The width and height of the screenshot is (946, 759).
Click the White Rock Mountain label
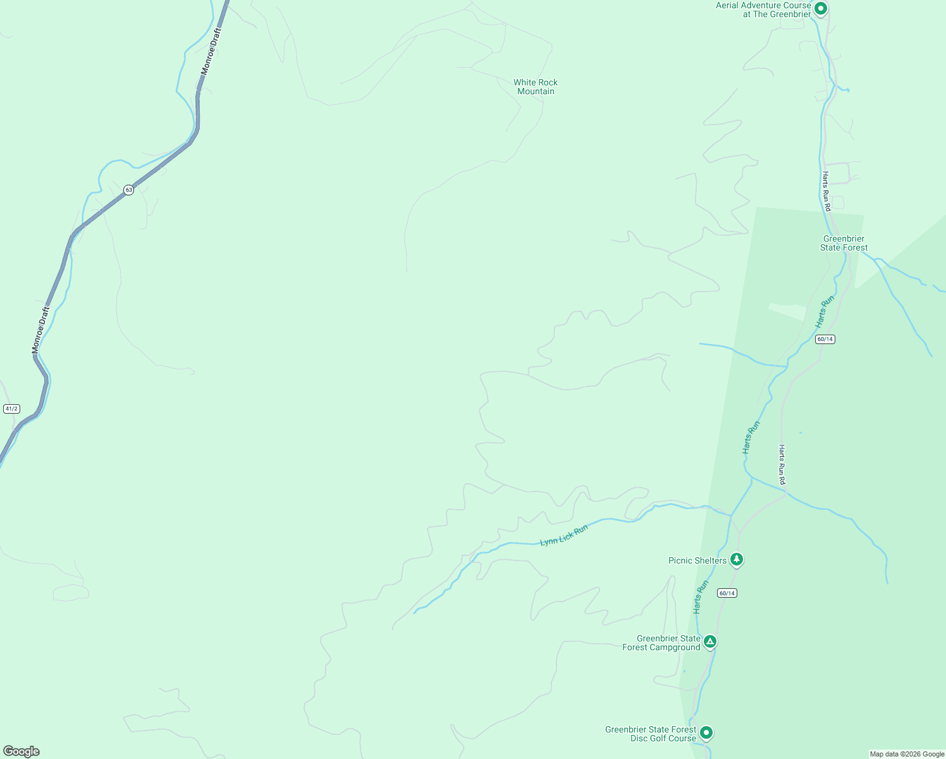click(536, 87)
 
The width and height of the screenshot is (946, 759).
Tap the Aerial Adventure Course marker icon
click(821, 9)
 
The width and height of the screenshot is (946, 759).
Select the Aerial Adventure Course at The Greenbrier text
click(763, 9)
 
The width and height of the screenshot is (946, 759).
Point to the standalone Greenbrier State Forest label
click(844, 243)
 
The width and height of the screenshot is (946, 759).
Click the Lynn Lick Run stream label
click(563, 535)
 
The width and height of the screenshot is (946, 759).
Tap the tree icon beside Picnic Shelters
click(736, 559)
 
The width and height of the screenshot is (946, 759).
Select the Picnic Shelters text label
click(697, 560)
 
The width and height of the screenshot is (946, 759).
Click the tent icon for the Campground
click(710, 642)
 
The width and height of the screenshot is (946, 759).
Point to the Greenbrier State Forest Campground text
click(661, 643)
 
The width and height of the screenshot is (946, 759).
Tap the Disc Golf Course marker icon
click(706, 732)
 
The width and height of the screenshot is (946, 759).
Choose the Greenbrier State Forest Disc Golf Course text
click(650, 734)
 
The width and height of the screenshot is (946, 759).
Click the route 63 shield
click(128, 190)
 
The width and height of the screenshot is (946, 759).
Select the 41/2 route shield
click(11, 409)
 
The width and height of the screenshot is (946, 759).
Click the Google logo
click(21, 751)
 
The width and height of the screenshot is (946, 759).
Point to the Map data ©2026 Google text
click(907, 754)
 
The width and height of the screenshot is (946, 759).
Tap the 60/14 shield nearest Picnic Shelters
click(727, 593)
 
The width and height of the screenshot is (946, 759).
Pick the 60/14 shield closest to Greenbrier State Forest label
click(825, 339)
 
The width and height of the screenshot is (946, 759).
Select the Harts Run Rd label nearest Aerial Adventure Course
click(826, 191)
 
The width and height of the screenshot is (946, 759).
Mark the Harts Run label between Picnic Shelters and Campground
click(701, 596)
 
